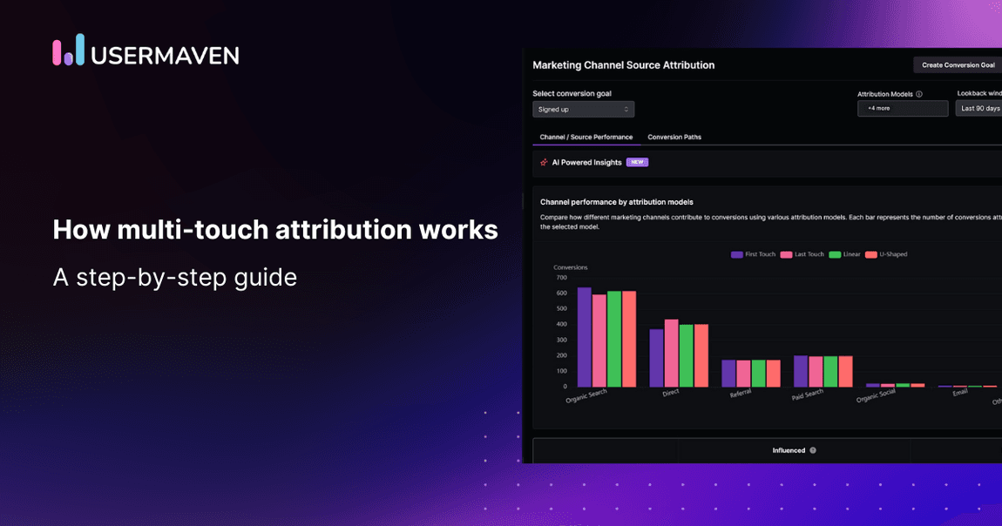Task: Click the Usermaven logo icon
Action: pos(68,51)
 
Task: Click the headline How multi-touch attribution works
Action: pos(275,229)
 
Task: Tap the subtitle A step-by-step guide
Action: pos(174,277)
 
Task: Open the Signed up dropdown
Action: pos(583,109)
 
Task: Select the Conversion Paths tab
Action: pos(674,137)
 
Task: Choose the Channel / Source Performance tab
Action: pos(586,137)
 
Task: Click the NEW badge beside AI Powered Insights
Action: pos(637,162)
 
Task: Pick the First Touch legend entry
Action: pos(754,254)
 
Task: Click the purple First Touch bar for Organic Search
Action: pos(584,337)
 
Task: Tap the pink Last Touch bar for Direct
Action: pos(671,353)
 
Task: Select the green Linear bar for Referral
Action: pos(758,374)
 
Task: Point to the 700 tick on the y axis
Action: pos(561,277)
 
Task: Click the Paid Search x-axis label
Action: pos(808,394)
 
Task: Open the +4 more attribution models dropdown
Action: pos(902,109)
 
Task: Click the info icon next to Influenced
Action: pos(813,450)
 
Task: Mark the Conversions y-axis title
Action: pos(571,267)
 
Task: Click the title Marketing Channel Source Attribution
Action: pos(623,65)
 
